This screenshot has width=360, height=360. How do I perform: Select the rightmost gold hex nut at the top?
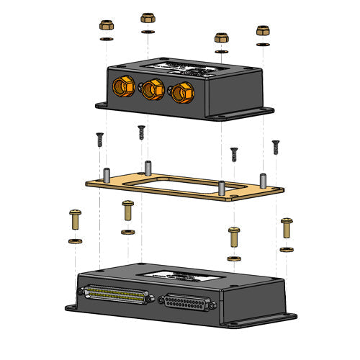point(263,32)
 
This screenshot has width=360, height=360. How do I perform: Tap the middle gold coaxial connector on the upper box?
point(150,89)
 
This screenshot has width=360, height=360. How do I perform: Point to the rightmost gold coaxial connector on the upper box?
point(181,93)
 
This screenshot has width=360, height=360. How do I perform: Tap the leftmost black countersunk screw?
point(99,138)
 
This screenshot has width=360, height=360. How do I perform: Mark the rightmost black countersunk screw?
point(274,147)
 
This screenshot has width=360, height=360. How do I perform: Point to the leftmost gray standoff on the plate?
point(106,174)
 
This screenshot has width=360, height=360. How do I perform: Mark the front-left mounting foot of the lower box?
point(73,308)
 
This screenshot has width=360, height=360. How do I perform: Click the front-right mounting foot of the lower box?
point(287,318)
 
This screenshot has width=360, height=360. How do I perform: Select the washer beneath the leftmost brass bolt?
point(75,240)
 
